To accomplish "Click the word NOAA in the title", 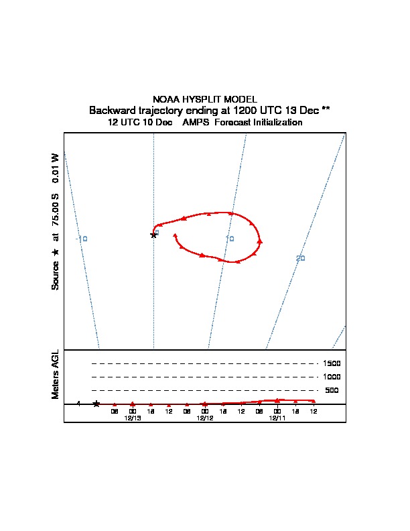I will click(x=166, y=99).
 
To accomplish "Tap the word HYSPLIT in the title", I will click(x=200, y=99).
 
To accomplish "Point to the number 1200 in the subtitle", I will click(x=243, y=110).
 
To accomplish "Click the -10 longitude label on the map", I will click(x=82, y=239).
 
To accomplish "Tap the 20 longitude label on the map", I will click(x=301, y=258).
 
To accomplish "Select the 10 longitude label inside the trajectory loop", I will click(x=230, y=239).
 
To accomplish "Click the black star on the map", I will click(x=154, y=235).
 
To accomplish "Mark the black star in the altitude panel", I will click(x=96, y=404).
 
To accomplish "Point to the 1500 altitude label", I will click(x=332, y=363).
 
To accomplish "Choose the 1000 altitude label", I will click(x=332, y=377).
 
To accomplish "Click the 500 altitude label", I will click(x=332, y=390).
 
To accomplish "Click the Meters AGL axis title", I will click(x=56, y=374).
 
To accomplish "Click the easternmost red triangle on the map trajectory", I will click(x=259, y=241).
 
